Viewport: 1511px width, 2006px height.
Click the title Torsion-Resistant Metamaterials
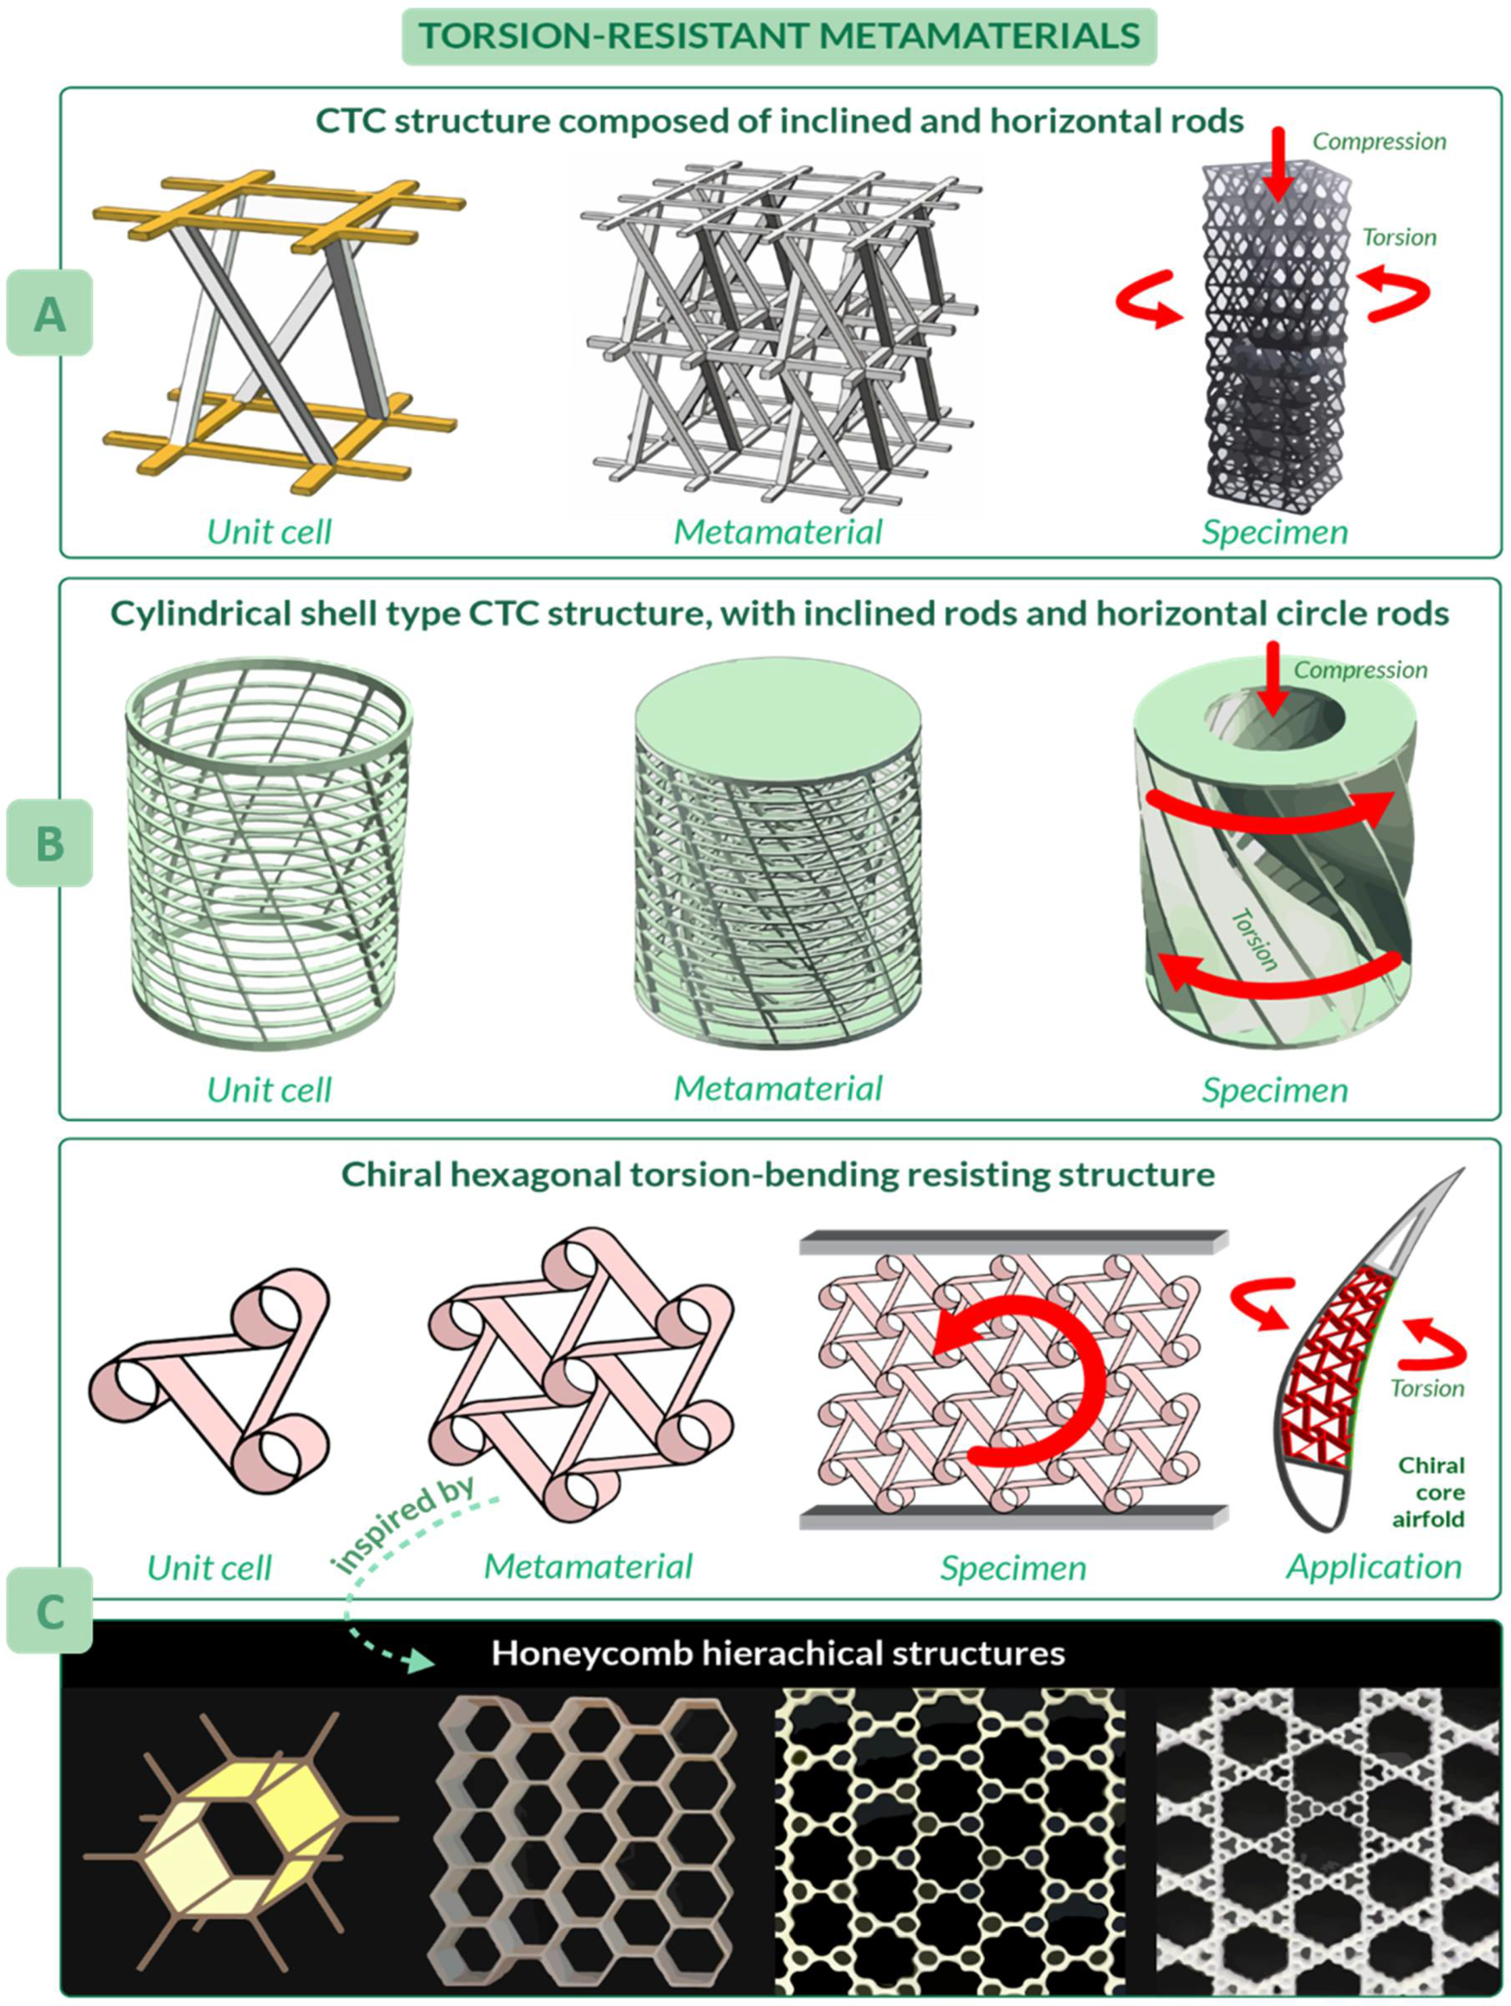[x=778, y=36]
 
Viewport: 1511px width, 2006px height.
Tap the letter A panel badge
[x=50, y=313]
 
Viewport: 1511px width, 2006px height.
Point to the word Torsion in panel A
[x=1399, y=238]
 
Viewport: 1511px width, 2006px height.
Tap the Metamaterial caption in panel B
[x=777, y=1088]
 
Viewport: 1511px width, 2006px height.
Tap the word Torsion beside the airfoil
[x=1426, y=1388]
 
